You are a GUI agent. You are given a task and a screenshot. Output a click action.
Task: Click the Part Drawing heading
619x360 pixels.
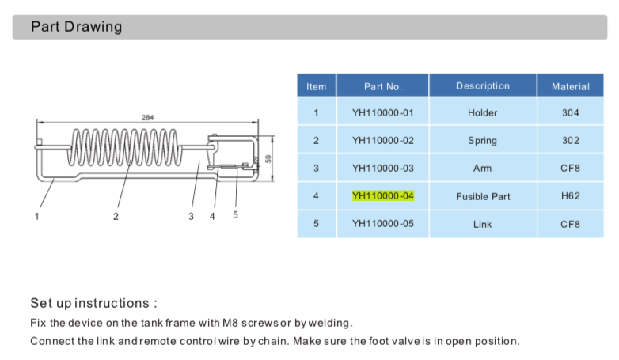[76, 27]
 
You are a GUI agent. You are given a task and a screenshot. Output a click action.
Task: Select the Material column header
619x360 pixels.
[570, 86]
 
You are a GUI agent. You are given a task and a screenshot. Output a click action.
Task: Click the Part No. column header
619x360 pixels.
[383, 86]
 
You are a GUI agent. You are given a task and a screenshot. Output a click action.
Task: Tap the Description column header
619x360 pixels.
[482, 86]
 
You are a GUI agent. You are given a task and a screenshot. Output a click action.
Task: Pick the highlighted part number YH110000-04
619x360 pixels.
[383, 195]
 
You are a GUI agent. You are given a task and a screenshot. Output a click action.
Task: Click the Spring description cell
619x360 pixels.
[482, 141]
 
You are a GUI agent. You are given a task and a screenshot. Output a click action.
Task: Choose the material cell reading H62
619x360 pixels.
[570, 195]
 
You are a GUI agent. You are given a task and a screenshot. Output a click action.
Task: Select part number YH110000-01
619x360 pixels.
[383, 113]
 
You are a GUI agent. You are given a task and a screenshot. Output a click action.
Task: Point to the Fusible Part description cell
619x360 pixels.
[482, 196]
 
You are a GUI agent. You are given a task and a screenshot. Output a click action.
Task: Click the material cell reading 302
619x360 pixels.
[570, 141]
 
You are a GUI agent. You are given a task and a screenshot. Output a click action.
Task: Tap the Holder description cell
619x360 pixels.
[482, 113]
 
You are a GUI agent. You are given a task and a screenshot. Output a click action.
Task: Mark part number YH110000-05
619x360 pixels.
[383, 224]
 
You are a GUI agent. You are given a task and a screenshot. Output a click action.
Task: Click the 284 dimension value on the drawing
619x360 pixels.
[148, 117]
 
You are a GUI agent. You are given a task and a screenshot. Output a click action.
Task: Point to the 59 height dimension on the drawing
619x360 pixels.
[268, 158]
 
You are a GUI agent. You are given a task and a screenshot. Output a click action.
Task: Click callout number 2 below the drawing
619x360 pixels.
[116, 216]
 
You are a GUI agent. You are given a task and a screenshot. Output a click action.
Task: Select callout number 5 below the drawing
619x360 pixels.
[235, 215]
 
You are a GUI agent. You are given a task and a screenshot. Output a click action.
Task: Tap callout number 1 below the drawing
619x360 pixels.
[36, 216]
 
